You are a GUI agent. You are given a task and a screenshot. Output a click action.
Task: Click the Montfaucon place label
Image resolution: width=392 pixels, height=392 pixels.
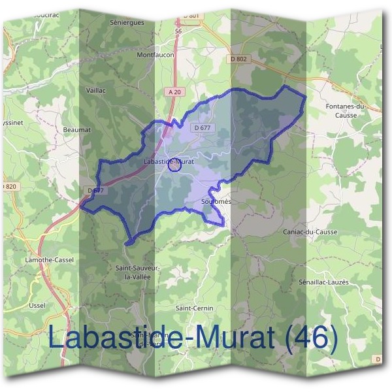click(x=155, y=56)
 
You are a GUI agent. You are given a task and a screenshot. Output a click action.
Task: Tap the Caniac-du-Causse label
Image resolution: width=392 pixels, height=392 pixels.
click(x=308, y=233)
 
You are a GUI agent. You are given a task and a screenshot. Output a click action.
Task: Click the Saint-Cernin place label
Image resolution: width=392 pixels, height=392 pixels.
click(x=195, y=308)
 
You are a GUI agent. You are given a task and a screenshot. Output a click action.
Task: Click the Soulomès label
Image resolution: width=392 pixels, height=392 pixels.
click(x=217, y=202)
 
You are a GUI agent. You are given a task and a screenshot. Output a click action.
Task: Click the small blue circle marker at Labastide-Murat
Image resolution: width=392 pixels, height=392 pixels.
click(x=174, y=165)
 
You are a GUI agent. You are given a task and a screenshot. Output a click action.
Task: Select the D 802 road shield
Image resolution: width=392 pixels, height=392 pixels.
click(x=240, y=59)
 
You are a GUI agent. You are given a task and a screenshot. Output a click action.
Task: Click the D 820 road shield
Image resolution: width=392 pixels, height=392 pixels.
click(x=8, y=186)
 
